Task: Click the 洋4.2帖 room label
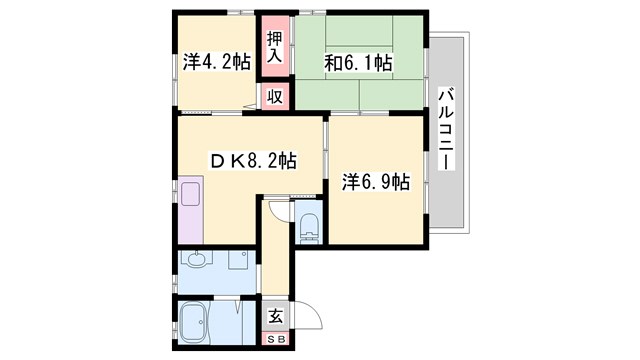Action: click(216, 62)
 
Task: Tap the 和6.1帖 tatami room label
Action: click(358, 63)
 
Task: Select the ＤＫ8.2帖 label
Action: click(253, 161)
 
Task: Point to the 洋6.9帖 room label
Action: click(376, 182)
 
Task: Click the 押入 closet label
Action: click(275, 47)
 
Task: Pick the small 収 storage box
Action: click(275, 97)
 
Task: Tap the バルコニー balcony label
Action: click(446, 129)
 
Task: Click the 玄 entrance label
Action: click(276, 316)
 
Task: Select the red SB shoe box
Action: click(276, 338)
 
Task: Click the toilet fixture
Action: click(309, 227)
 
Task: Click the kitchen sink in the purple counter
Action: click(190, 194)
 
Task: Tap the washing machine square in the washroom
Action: click(238, 260)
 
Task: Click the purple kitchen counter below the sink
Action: click(191, 226)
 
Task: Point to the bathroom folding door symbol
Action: click(238, 307)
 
